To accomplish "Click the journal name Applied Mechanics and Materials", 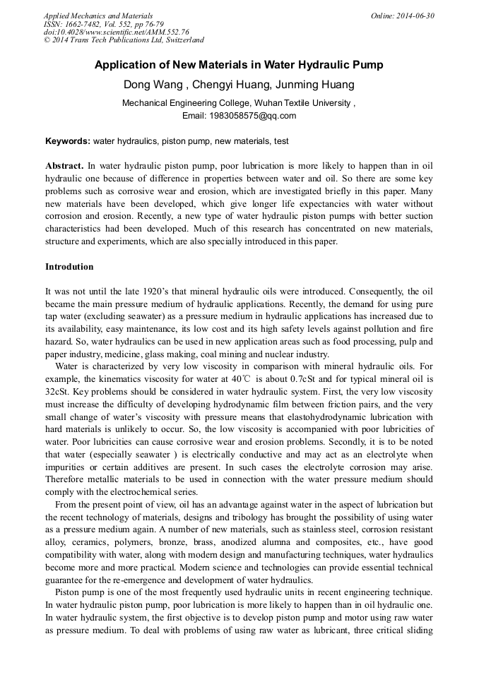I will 97,16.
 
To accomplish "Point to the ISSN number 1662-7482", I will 83,24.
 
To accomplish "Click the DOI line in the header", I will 116,32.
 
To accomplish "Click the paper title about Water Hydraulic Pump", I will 239,66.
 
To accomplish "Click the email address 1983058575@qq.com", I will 259,116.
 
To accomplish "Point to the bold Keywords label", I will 68,141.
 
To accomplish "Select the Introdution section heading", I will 69,267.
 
